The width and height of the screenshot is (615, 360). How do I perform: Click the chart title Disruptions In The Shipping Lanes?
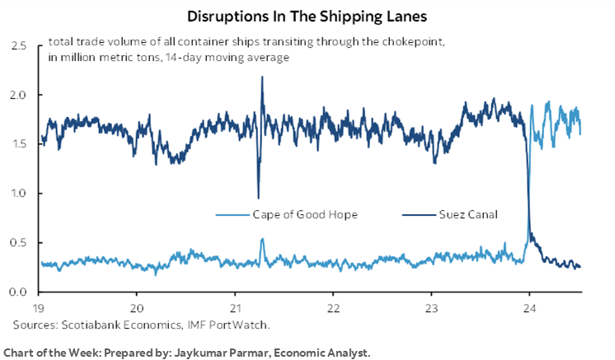tap(307, 16)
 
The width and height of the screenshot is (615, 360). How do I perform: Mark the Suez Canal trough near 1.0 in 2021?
tap(258, 198)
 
